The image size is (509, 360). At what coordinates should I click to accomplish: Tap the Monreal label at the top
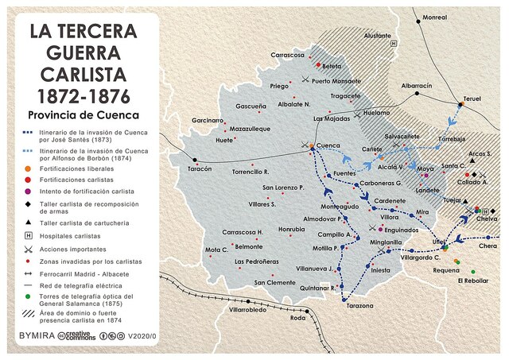(x=434, y=17)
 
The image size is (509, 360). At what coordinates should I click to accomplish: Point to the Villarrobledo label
(x=247, y=309)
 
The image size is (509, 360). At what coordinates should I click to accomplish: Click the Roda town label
(x=298, y=318)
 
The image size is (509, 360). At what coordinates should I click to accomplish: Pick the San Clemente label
(x=274, y=282)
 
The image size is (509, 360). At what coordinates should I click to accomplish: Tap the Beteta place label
(x=332, y=66)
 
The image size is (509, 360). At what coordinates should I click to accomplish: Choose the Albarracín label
(x=417, y=85)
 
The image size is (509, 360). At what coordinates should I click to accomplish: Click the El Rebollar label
(x=473, y=281)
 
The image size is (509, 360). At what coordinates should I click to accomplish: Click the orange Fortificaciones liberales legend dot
(x=28, y=168)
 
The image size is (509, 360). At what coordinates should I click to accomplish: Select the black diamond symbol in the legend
(x=28, y=204)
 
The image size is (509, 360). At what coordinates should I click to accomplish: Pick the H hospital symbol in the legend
(x=28, y=236)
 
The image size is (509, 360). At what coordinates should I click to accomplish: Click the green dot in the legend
(x=28, y=296)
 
